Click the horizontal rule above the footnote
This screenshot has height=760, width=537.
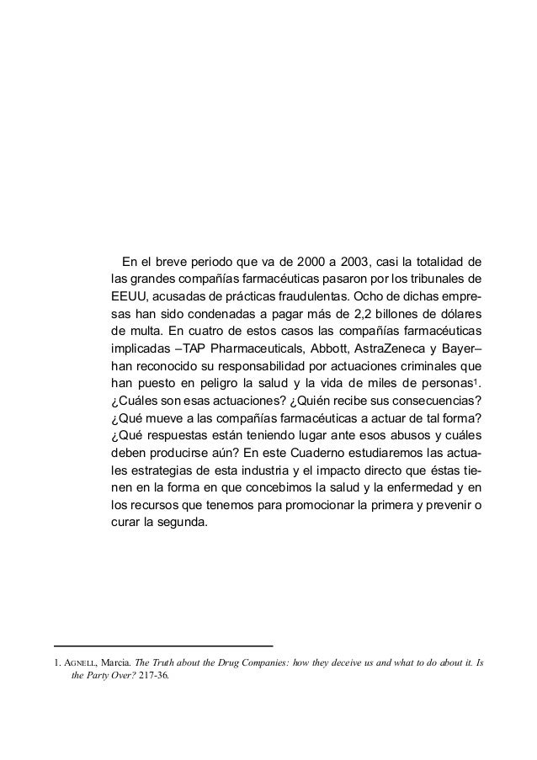click(163, 646)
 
